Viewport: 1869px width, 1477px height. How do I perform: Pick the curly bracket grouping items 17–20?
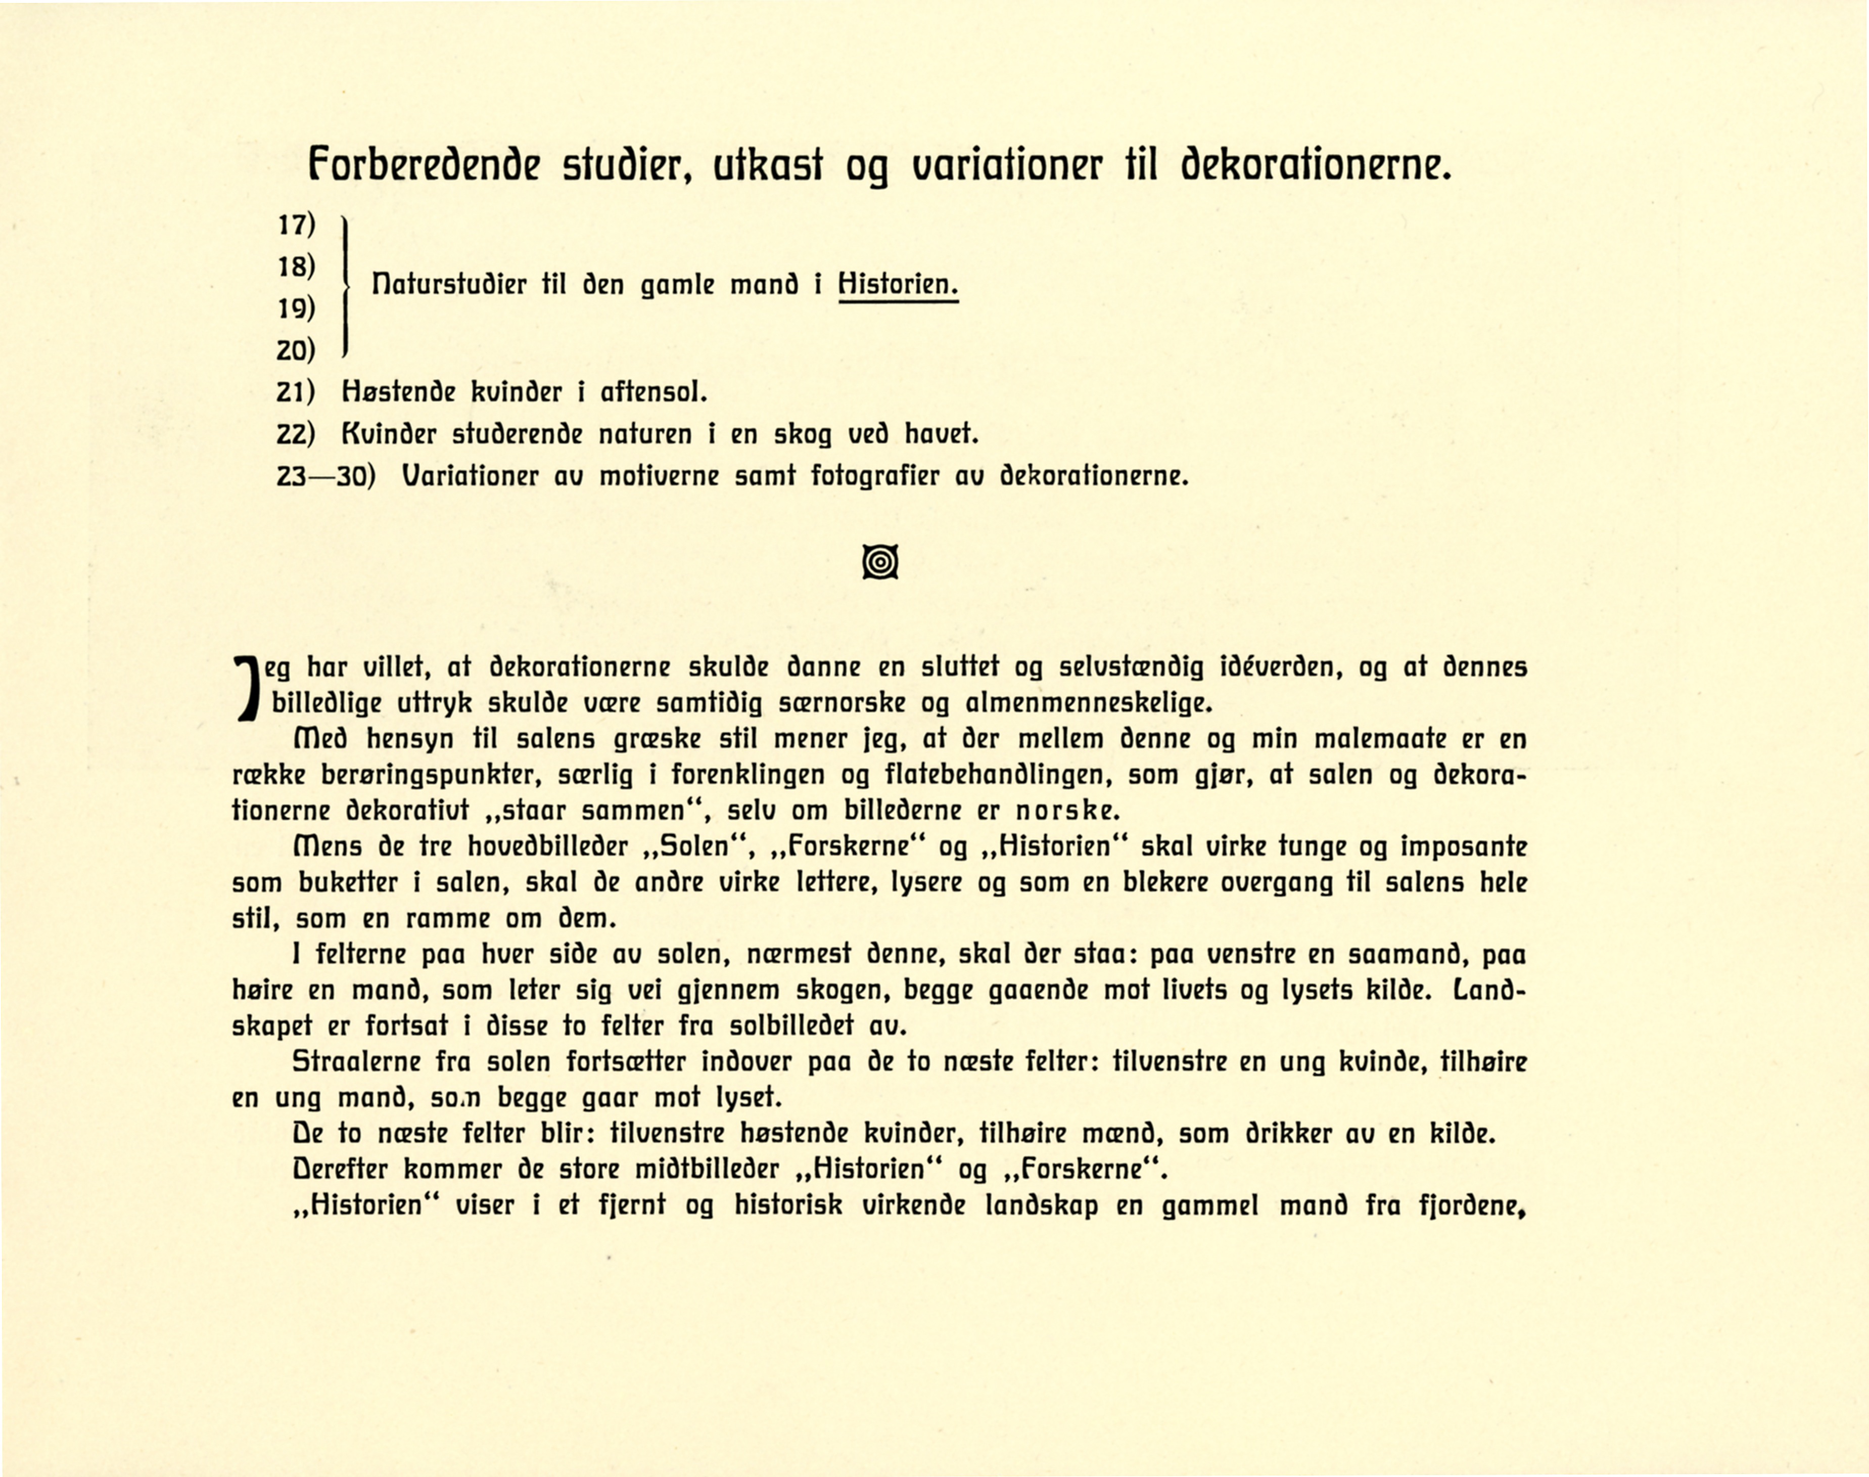(346, 285)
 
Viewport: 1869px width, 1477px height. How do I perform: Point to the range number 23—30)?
(326, 476)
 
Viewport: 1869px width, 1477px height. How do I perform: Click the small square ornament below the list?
(880, 563)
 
